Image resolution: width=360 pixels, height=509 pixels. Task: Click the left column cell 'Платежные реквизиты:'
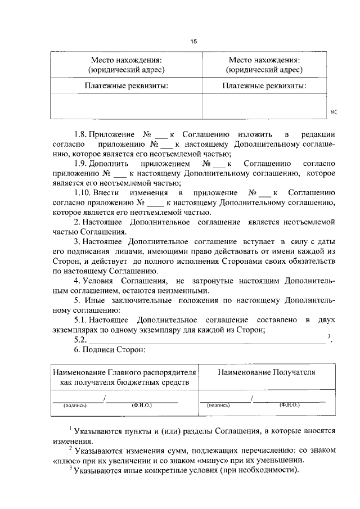[127, 86]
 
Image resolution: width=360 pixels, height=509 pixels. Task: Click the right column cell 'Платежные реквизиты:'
[264, 86]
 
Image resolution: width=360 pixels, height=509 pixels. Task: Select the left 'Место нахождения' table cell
[127, 65]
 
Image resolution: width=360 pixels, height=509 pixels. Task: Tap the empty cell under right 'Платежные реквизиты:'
[264, 106]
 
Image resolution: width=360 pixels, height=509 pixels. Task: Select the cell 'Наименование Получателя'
[266, 372]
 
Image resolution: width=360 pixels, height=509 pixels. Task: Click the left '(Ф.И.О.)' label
[141, 404]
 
